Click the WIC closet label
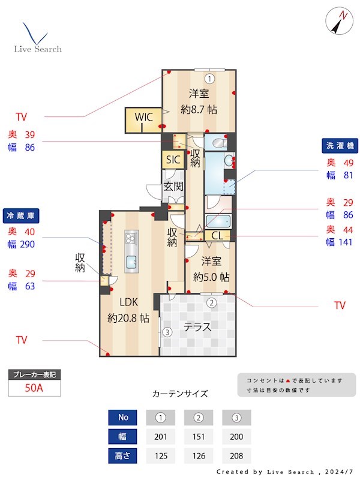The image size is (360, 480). (x=143, y=117)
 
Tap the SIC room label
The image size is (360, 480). (x=173, y=160)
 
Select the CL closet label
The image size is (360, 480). (x=217, y=236)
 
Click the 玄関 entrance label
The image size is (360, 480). (x=173, y=186)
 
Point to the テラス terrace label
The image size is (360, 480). (x=197, y=327)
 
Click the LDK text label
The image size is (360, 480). (x=128, y=302)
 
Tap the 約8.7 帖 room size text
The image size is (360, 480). (x=199, y=109)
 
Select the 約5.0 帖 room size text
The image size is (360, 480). (x=211, y=277)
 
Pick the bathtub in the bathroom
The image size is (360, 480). (x=218, y=221)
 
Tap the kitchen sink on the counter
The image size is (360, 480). (x=131, y=262)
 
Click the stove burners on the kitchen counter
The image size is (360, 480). (x=131, y=238)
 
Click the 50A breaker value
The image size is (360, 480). (x=34, y=388)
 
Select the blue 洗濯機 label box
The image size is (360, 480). (x=340, y=146)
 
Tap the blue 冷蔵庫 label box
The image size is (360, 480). (x=21, y=215)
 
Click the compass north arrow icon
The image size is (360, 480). (x=337, y=22)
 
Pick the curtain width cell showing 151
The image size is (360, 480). (x=199, y=437)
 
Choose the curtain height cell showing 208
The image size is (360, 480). (x=236, y=456)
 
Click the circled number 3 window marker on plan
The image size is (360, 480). (x=167, y=332)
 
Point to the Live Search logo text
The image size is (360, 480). (x=38, y=49)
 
